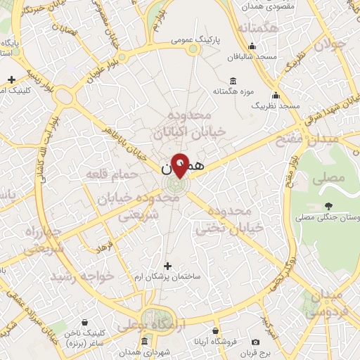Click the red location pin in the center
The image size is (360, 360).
pos(181,164)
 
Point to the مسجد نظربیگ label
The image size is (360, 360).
pos(276,105)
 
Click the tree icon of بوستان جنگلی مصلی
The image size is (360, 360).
pos(328,206)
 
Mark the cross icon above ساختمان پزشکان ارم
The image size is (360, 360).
pos(167,266)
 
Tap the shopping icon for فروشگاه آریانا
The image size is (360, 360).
pos(215,330)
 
